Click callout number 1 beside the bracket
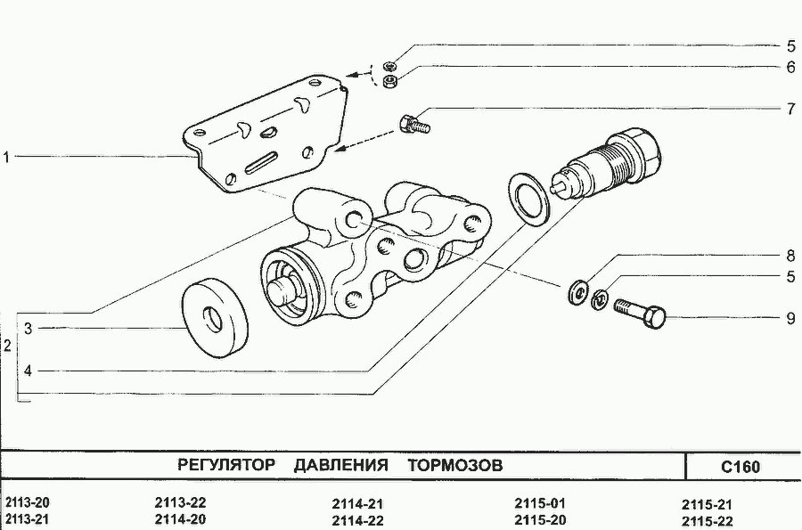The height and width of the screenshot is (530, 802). tap(6, 158)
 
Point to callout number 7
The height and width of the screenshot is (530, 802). tap(791, 109)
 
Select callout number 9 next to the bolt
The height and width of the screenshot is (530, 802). tap(791, 318)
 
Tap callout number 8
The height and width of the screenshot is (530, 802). tap(791, 256)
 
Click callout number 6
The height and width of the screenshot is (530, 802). tap(791, 67)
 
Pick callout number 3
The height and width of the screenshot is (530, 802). tap(29, 329)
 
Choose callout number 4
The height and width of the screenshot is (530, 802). tap(29, 371)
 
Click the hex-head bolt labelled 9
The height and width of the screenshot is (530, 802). tap(639, 313)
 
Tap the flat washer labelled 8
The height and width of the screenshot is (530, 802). tap(578, 293)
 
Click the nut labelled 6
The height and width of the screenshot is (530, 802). tap(390, 81)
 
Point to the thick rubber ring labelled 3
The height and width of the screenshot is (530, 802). tap(216, 318)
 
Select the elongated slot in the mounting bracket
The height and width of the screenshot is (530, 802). tap(261, 161)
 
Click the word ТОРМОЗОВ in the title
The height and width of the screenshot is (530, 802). tap(455, 465)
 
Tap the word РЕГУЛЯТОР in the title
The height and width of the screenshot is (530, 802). tap(226, 465)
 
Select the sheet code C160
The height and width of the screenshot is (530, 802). tap(741, 467)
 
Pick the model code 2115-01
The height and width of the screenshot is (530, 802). tap(540, 503)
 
